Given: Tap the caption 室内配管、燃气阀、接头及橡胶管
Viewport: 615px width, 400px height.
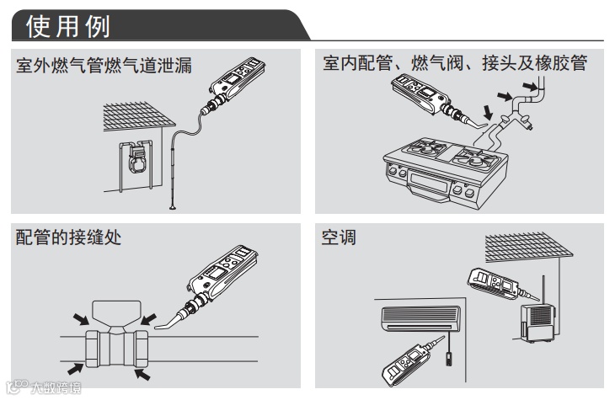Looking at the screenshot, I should [454, 65].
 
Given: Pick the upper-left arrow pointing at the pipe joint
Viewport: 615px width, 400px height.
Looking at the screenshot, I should [79, 317].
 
